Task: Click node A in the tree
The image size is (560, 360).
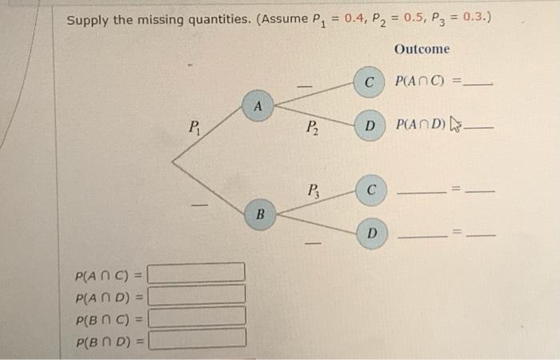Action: [257, 106]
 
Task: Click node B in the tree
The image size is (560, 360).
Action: [259, 214]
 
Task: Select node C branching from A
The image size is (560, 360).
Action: [369, 82]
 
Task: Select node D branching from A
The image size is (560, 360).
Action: [369, 126]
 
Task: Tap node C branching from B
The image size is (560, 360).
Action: [370, 190]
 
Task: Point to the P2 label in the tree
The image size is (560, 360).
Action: [312, 126]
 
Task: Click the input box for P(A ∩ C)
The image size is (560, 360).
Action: [197, 274]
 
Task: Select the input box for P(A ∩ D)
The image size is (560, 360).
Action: [197, 295]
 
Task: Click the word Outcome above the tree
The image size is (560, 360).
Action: [422, 50]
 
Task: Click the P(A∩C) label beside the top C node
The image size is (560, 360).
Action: [422, 82]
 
